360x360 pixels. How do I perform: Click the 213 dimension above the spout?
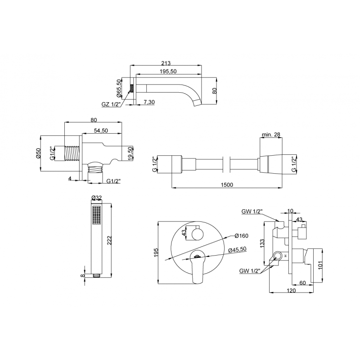(x=166, y=63)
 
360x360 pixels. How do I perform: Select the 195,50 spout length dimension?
(x=168, y=72)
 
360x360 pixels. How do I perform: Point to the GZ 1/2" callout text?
(x=111, y=104)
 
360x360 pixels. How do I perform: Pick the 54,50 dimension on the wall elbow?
(x=101, y=130)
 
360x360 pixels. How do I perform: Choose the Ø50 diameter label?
(x=38, y=153)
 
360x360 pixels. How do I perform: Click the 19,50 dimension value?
(x=130, y=153)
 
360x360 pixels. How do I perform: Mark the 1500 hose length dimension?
(x=227, y=184)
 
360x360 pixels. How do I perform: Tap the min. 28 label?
(x=271, y=134)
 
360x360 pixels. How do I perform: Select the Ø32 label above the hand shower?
(x=96, y=198)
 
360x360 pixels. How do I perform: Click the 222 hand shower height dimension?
(x=109, y=240)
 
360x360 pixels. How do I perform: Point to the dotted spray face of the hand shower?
(x=96, y=215)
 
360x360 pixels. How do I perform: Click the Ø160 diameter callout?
(x=241, y=236)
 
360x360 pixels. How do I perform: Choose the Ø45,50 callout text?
(x=238, y=250)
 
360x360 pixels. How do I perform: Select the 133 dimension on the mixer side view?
(x=263, y=243)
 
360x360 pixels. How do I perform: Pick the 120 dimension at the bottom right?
(x=291, y=290)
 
